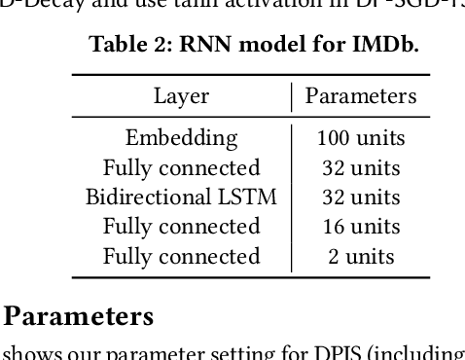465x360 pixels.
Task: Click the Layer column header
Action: click(182, 96)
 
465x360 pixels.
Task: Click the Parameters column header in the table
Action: click(361, 96)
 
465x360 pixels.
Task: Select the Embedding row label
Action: click(182, 138)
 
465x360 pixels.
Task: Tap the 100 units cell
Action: click(361, 138)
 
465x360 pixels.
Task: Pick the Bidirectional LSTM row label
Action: click(182, 198)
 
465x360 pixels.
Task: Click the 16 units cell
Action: click(361, 227)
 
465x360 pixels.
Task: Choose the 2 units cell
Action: click(361, 257)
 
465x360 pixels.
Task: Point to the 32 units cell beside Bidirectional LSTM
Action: click(361, 198)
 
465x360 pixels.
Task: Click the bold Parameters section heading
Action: click(80, 316)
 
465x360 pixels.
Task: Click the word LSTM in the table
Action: click(248, 198)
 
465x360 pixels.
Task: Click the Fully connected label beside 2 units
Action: click(182, 257)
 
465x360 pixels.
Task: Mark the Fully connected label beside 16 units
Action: click(182, 227)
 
